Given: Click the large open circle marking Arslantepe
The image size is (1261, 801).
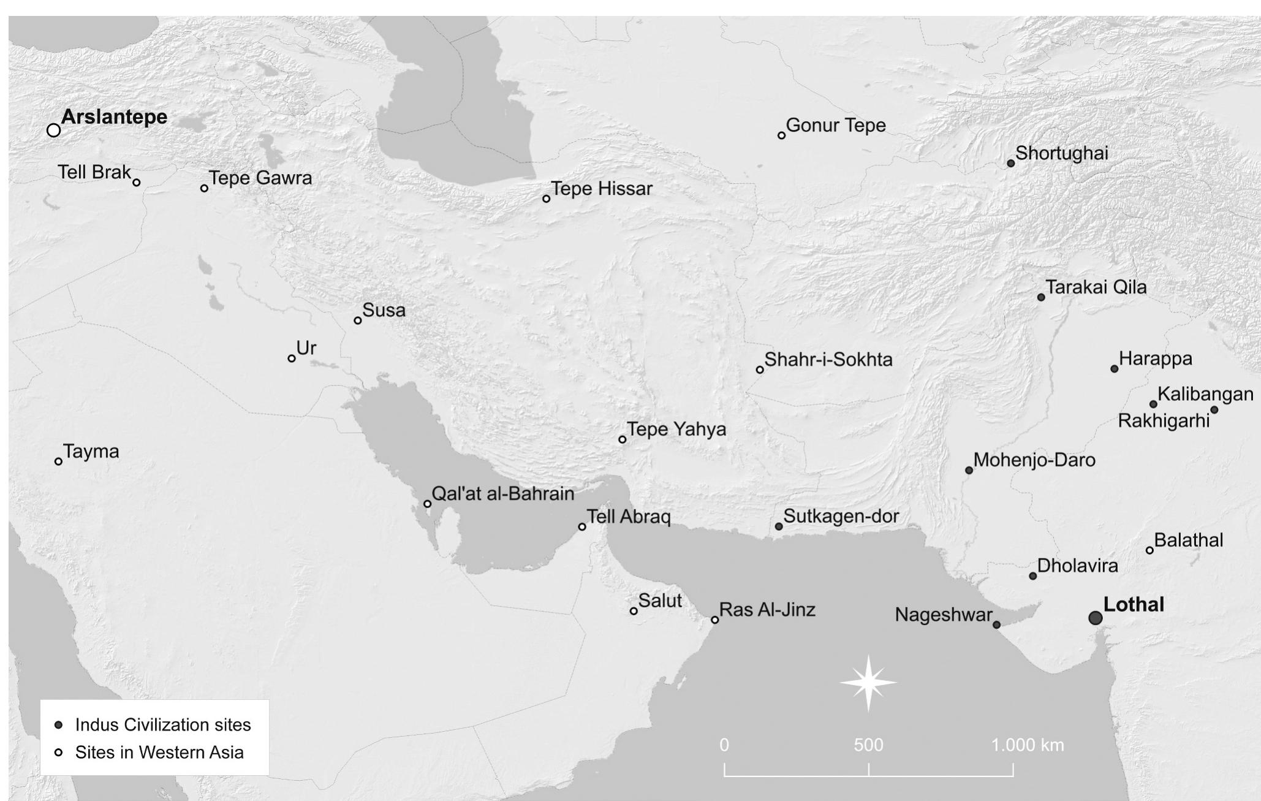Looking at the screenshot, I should pyautogui.click(x=54, y=130).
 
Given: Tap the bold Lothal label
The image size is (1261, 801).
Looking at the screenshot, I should pyautogui.click(x=1133, y=605).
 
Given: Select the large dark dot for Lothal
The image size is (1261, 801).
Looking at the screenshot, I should pyautogui.click(x=1096, y=618).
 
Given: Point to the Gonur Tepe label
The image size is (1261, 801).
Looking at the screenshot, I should pyautogui.click(x=835, y=126).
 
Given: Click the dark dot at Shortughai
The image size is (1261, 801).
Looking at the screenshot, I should pyautogui.click(x=1011, y=163).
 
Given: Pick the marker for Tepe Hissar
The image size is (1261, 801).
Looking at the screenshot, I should pyautogui.click(x=546, y=199).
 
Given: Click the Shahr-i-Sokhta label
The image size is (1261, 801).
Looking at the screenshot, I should pyautogui.click(x=828, y=360).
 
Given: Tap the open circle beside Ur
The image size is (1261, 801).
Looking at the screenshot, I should pyautogui.click(x=292, y=359).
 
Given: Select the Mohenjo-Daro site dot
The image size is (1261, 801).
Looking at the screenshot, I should pyautogui.click(x=969, y=470).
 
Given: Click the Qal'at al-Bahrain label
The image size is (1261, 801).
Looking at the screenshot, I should pyautogui.click(x=502, y=494).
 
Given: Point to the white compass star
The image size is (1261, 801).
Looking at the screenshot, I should pyautogui.click(x=868, y=683).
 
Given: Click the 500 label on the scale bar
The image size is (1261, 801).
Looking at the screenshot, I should pyautogui.click(x=868, y=745).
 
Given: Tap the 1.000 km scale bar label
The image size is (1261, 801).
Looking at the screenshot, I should pyautogui.click(x=1028, y=745).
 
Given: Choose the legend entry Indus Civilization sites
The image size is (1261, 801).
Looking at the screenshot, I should pyautogui.click(x=163, y=725).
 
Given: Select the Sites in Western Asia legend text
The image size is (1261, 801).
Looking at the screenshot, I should pyautogui.click(x=159, y=752).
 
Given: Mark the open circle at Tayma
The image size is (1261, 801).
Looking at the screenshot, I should pyautogui.click(x=59, y=461).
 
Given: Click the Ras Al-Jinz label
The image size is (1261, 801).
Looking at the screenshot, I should pyautogui.click(x=767, y=610).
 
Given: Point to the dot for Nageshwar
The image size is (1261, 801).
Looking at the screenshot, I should pyautogui.click(x=996, y=624).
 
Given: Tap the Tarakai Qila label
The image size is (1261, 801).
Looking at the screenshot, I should pyautogui.click(x=1096, y=287).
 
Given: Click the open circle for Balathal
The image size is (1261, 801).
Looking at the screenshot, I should pyautogui.click(x=1149, y=550).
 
